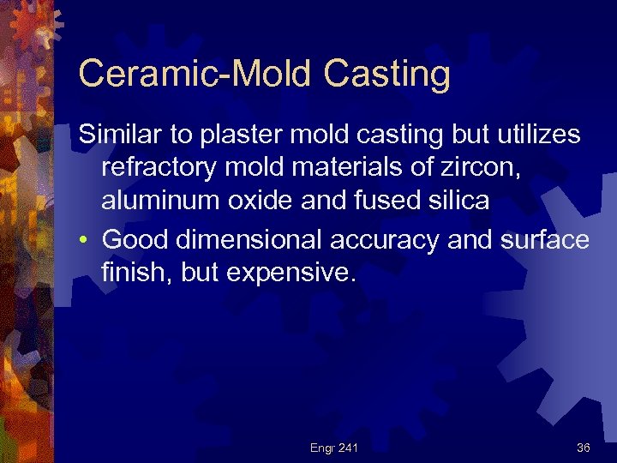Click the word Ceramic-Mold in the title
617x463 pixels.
(x=195, y=75)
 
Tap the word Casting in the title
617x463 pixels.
(x=387, y=75)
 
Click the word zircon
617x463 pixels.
(x=483, y=168)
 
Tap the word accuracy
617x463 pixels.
(x=392, y=239)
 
